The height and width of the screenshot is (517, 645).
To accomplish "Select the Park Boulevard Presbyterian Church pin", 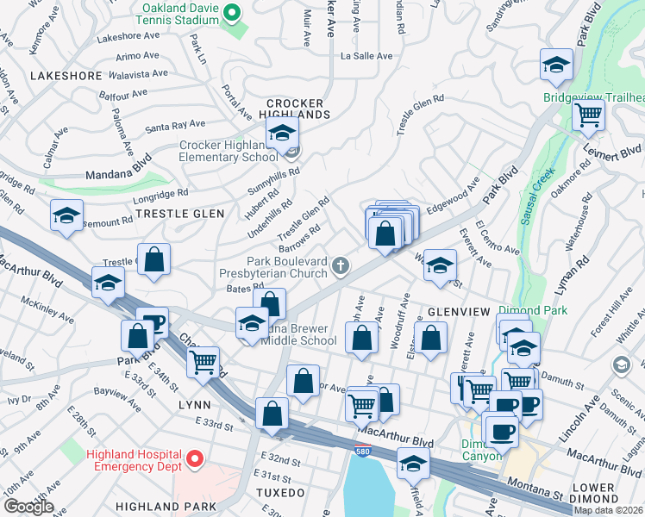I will coord(341,265).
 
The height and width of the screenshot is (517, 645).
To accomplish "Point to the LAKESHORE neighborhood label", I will coord(66,76).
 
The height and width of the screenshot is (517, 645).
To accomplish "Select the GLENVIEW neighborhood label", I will coord(457,311).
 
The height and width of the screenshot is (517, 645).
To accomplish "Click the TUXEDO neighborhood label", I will coord(280,493).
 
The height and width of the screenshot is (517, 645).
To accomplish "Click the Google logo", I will coord(28,506).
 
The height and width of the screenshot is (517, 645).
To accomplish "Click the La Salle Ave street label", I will coord(366,56).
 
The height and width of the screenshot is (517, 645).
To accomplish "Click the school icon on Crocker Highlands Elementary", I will coord(281,134).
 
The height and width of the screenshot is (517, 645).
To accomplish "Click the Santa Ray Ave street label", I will coord(175,126).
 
